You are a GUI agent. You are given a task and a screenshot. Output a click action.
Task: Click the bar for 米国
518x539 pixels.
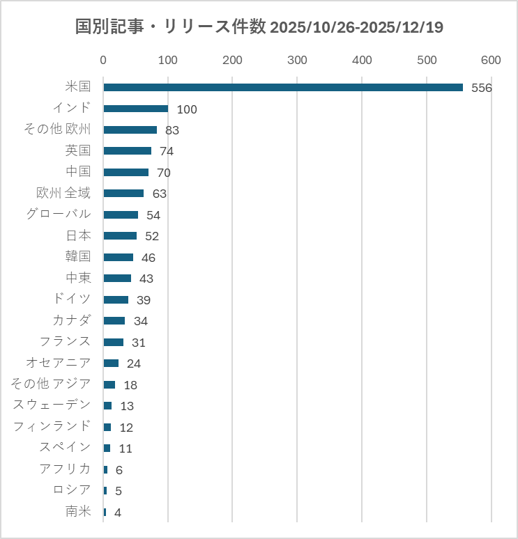tap(282, 87)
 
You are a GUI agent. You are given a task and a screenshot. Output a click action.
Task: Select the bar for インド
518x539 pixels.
tap(136, 109)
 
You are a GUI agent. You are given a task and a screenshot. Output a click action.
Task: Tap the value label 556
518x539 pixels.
tap(482, 88)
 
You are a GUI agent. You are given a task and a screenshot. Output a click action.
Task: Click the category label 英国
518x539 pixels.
tap(78, 150)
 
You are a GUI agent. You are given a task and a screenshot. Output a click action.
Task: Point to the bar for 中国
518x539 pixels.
tap(126, 172)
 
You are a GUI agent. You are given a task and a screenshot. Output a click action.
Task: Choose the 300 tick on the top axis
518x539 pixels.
tap(297, 61)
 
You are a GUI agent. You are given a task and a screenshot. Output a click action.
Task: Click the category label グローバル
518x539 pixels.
tap(59, 214)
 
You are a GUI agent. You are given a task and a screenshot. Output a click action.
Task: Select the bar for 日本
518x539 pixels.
tap(120, 235)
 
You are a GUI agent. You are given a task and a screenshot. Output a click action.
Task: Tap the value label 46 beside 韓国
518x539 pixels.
tap(148, 258)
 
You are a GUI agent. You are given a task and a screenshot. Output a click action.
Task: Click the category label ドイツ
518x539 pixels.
tap(72, 299)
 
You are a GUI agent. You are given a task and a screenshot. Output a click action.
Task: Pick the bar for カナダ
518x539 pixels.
tap(114, 321)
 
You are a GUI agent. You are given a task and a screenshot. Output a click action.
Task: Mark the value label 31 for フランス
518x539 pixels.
tap(139, 343)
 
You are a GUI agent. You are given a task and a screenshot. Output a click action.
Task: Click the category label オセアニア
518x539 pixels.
tap(59, 363)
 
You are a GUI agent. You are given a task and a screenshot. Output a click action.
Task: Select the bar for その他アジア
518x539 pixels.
tap(109, 384)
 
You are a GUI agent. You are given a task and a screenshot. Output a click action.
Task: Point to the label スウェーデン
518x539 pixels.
tap(52, 405)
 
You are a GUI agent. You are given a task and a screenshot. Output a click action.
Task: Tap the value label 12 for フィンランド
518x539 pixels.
tap(126, 428)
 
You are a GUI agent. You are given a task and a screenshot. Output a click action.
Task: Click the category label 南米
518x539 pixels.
tap(78, 512)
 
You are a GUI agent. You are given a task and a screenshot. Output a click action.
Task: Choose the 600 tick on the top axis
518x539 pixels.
tap(491, 61)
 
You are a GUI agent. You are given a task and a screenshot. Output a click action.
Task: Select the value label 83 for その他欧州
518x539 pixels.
tap(173, 130)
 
